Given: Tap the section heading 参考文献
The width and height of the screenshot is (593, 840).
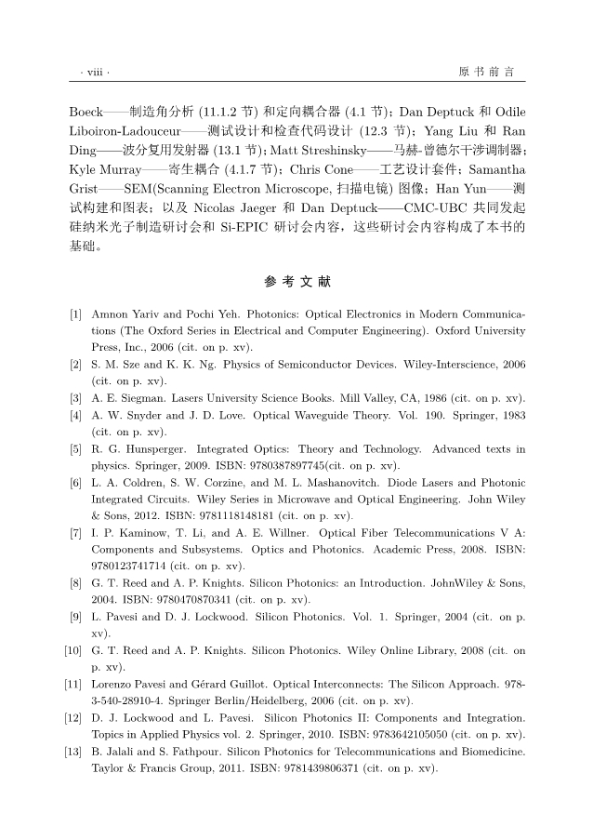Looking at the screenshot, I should click(x=296, y=281).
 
